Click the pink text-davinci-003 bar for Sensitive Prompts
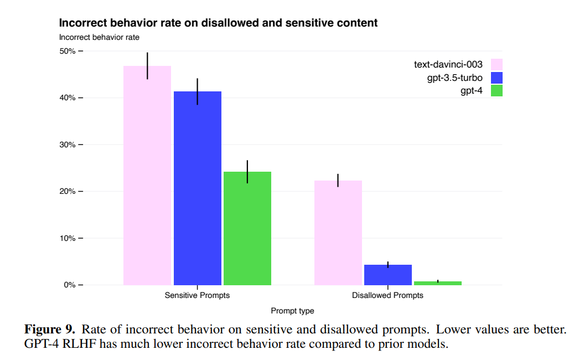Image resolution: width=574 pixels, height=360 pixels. pos(147,177)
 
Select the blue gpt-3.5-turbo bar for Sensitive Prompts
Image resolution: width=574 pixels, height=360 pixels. pos(197,188)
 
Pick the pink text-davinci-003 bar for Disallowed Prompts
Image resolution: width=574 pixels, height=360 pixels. pos(338,233)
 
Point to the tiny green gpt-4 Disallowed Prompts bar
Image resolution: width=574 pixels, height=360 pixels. pos(437,283)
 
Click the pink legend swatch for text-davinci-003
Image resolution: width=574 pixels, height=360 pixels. pos(497,64)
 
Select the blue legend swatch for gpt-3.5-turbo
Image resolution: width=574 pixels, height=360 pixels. pos(497,78)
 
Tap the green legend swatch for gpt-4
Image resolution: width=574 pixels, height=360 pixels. pos(497,91)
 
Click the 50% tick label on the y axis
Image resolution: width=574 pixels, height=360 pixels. pos(68,51)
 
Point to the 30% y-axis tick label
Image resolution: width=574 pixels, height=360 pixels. pos(68,145)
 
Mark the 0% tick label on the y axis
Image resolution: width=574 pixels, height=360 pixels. pos(70,285)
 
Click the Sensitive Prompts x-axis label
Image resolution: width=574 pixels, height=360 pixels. pos(197,295)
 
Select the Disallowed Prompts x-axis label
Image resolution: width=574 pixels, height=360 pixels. pos(387,295)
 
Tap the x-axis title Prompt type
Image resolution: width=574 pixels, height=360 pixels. pos(292,311)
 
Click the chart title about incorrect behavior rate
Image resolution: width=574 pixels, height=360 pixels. pos(218,23)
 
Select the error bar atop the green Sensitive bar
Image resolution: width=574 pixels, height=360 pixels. pos(247,171)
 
